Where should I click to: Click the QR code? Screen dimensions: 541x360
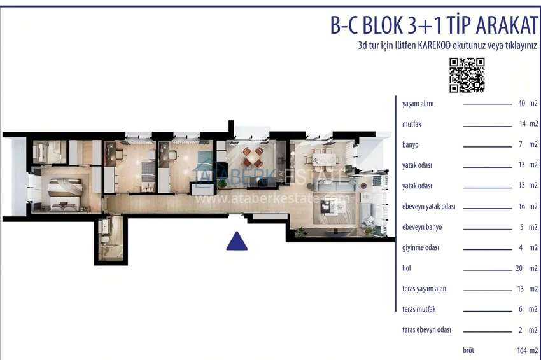pyautogui.click(x=467, y=75)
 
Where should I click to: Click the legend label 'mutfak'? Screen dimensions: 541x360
pyautogui.click(x=412, y=124)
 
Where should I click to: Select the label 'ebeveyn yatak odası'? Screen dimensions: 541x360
pyautogui.click(x=428, y=207)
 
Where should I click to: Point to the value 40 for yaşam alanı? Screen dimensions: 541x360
pyautogui.click(x=521, y=103)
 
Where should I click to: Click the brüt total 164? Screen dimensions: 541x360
pyautogui.click(x=522, y=350)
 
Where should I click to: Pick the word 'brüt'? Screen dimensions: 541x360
pyautogui.click(x=468, y=350)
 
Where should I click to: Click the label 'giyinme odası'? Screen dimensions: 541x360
pyautogui.click(x=420, y=247)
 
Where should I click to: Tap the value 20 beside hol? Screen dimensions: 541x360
pyautogui.click(x=519, y=268)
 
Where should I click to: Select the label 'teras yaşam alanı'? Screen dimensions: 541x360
pyautogui.click(x=425, y=289)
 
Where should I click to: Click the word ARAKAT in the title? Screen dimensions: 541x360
pyautogui.click(x=507, y=25)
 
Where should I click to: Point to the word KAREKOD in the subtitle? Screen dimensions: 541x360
pyautogui.click(x=434, y=46)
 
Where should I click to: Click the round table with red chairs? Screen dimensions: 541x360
pyautogui.click(x=253, y=157)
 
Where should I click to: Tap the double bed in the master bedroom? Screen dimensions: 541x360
pyautogui.click(x=65, y=194)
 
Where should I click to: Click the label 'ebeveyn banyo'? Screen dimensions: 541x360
pyautogui.click(x=421, y=227)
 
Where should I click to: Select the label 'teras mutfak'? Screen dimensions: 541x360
pyautogui.click(x=419, y=309)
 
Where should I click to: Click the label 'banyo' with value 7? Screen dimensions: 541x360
pyautogui.click(x=411, y=145)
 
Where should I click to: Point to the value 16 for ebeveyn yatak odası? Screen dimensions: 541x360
pyautogui.click(x=521, y=206)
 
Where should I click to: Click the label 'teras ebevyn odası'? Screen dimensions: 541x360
pyautogui.click(x=426, y=330)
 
